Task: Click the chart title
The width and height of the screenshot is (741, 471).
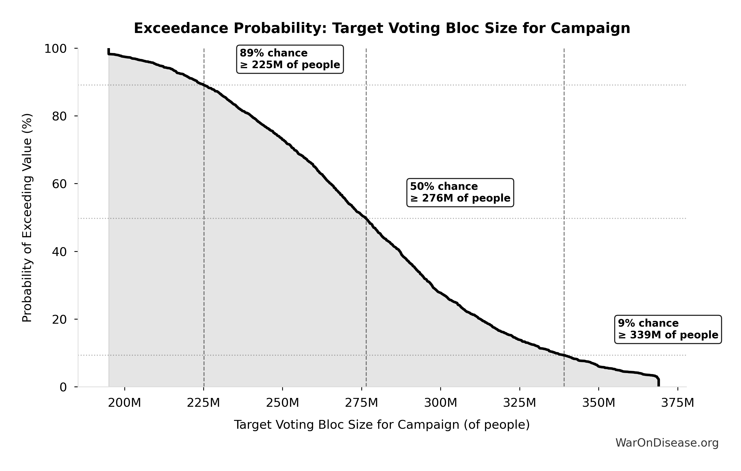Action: click(382, 28)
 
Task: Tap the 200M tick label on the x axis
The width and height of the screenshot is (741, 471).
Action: click(124, 403)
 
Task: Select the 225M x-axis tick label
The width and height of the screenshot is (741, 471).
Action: click(204, 403)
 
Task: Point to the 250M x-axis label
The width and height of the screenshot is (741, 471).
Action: click(282, 403)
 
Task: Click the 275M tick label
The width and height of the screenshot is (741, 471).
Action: click(362, 403)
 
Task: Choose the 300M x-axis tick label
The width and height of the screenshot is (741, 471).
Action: click(441, 403)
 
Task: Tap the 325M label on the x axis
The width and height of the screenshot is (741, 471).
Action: click(520, 403)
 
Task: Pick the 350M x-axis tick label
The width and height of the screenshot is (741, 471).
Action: click(599, 403)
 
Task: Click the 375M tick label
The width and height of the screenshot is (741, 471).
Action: click(678, 403)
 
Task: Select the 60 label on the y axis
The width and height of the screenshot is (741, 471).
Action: click(59, 184)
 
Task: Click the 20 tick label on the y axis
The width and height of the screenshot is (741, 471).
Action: click(59, 319)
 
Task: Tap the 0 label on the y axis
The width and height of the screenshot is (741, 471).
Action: click(63, 387)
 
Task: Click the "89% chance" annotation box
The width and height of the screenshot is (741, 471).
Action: click(290, 59)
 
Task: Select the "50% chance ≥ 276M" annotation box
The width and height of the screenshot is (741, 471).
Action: click(460, 192)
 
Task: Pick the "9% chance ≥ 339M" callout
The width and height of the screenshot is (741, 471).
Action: click(668, 329)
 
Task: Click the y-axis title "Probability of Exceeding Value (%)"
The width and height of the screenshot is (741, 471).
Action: click(27, 218)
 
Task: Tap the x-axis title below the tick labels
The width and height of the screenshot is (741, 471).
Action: click(382, 425)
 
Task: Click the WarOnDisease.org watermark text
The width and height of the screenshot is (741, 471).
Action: click(667, 443)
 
